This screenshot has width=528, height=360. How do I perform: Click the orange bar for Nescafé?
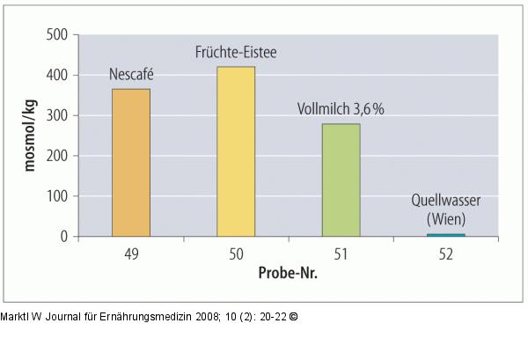pos(130,163)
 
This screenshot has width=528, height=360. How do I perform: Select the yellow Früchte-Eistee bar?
pos(235,151)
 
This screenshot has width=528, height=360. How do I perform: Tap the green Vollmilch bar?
pos(341,180)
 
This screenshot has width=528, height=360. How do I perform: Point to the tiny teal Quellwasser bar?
pos(446,234)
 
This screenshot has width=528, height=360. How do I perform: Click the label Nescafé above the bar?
pos(130,74)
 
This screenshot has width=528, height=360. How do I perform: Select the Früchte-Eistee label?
pos(236,52)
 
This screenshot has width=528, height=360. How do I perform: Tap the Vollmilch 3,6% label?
pos(341,109)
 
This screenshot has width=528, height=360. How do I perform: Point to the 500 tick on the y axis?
pos(56,35)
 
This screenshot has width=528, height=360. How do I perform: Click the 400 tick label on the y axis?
pos(56,76)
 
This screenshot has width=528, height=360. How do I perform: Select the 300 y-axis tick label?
pos(56,116)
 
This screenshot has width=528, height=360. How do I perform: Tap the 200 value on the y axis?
pos(56,156)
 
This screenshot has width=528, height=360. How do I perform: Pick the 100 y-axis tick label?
pos(56,196)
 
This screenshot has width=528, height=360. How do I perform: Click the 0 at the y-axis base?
pos(64,237)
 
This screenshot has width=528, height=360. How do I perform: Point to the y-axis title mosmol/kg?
pos(28,136)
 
